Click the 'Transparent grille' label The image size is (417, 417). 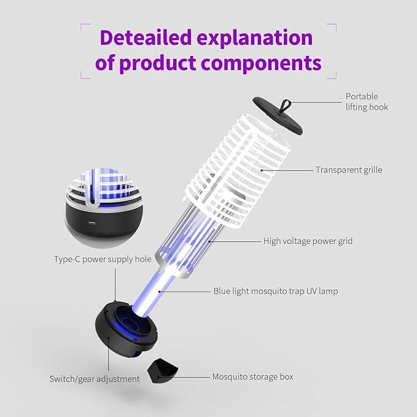coord(349,170)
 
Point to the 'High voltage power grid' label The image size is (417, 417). coord(308,241)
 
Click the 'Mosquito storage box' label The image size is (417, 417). coord(252,376)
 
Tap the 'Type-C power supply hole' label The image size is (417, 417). coord(102,260)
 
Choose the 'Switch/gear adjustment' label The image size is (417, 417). coord(95,379)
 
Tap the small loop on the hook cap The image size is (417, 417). coord(284,104)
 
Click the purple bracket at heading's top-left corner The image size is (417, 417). coord(84,28)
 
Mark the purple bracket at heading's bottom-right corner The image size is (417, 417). coord(332,74)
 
